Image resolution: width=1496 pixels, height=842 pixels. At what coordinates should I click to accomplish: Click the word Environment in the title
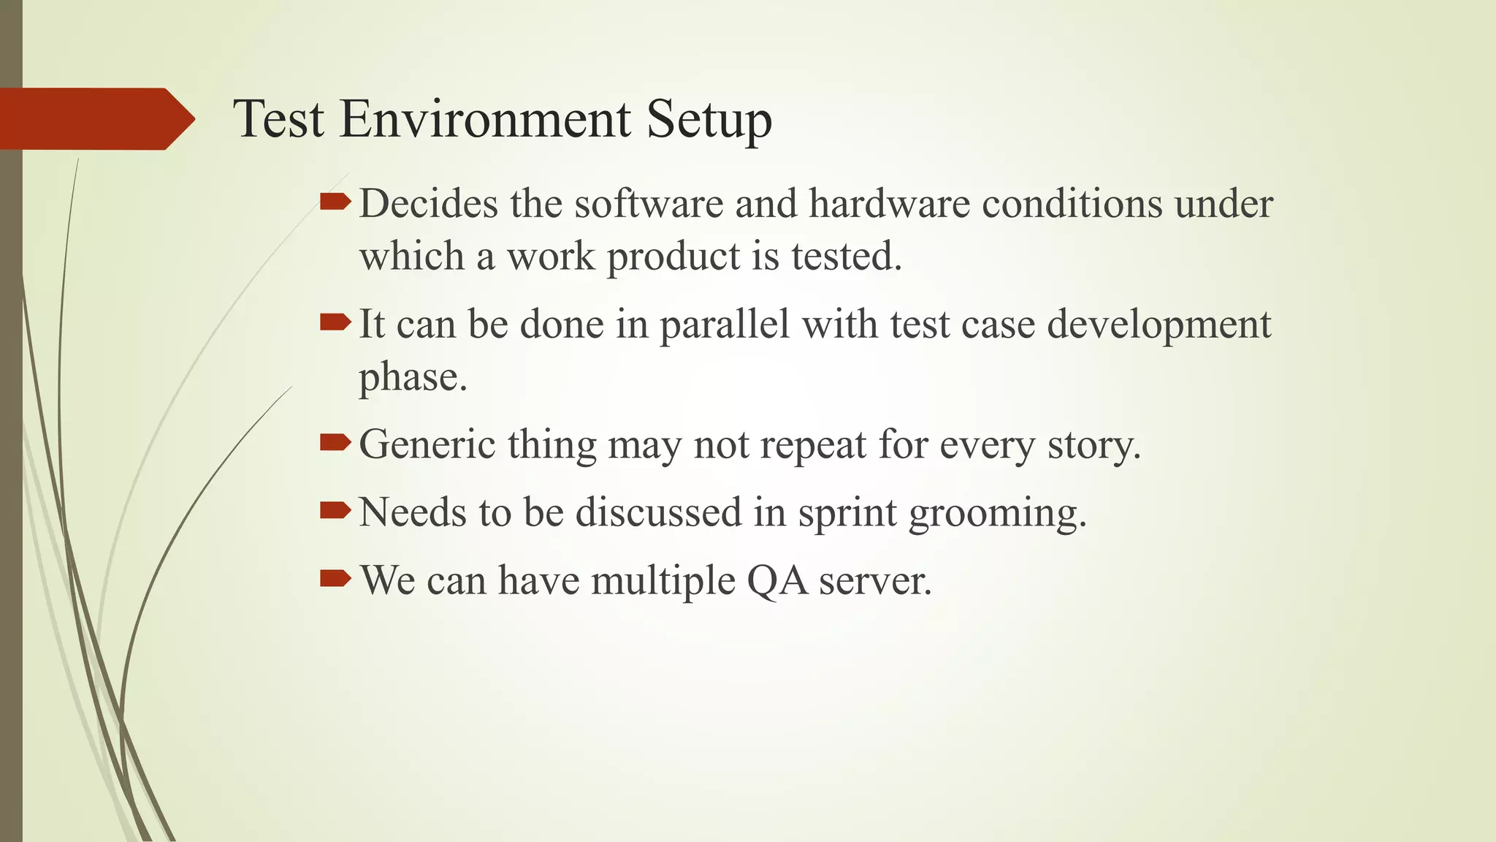[484, 119]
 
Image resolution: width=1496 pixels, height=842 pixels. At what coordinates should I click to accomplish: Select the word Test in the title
[278, 119]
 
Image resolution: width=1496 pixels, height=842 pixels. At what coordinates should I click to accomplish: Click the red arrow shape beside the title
[96, 119]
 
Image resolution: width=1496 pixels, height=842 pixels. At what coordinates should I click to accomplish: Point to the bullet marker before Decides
[335, 202]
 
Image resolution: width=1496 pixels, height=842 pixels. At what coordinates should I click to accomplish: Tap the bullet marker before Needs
[335, 510]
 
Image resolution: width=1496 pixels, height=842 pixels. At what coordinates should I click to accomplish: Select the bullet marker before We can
[335, 579]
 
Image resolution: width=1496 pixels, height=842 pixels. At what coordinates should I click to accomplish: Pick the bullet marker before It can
[335, 322]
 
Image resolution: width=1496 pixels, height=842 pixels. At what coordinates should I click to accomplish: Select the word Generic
[427, 444]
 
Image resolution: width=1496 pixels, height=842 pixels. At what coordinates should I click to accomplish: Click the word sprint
[847, 513]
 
